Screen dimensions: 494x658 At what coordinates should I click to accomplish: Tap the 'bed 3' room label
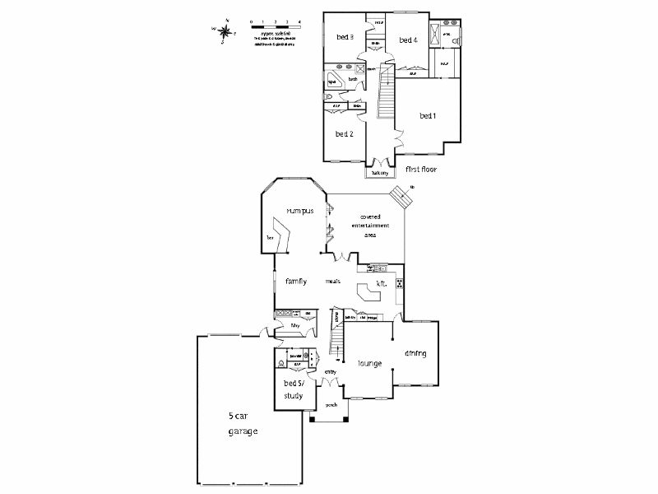(x=345, y=37)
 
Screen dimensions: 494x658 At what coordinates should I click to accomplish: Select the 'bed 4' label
(x=408, y=40)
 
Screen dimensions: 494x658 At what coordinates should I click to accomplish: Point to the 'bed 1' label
(x=427, y=116)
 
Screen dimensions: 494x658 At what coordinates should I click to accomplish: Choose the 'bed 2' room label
(x=344, y=133)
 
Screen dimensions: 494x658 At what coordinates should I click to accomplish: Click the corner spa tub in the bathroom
(x=334, y=82)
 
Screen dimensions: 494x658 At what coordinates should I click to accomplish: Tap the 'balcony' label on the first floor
(x=379, y=174)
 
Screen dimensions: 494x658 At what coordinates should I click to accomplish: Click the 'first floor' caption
(x=420, y=169)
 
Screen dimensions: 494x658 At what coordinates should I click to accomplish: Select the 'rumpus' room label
(x=300, y=212)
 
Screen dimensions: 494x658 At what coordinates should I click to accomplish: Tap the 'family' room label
(x=296, y=282)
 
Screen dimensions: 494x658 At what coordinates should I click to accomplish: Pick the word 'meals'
(x=332, y=282)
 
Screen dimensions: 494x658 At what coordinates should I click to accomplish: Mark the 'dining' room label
(x=415, y=354)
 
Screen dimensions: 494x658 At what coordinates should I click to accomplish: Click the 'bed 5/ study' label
(x=294, y=389)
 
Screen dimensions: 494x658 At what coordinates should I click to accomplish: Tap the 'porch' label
(x=331, y=405)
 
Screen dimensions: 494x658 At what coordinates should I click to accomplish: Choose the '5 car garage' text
(x=243, y=423)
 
